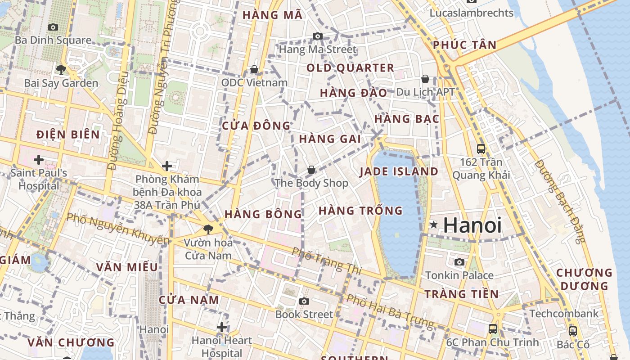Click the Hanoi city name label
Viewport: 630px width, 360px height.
[x=472, y=225]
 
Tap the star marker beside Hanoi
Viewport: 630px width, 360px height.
[x=433, y=224]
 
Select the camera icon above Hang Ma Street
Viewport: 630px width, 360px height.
[x=318, y=36]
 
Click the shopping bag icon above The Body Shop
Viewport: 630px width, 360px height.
[x=311, y=170]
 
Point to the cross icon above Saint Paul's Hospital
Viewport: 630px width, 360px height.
[x=39, y=159]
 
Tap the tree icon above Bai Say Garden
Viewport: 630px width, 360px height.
[x=61, y=69]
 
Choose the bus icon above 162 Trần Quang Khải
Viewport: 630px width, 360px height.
[x=481, y=148]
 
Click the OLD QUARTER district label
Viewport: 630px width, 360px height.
[x=350, y=68]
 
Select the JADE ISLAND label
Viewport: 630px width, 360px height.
[x=399, y=171]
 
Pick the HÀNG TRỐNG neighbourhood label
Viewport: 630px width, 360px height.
[x=360, y=210]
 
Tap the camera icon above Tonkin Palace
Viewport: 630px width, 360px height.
[x=459, y=262]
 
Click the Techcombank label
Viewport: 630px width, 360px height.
[x=564, y=313]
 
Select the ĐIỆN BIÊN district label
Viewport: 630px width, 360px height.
[x=68, y=134]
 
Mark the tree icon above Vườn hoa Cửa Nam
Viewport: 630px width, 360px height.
[x=208, y=229]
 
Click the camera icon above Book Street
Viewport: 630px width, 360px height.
[x=304, y=301]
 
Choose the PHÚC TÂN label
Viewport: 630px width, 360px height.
[x=465, y=45]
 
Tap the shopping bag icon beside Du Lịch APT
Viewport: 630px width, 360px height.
[x=425, y=79]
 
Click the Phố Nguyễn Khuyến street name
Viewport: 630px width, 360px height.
[x=118, y=228]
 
